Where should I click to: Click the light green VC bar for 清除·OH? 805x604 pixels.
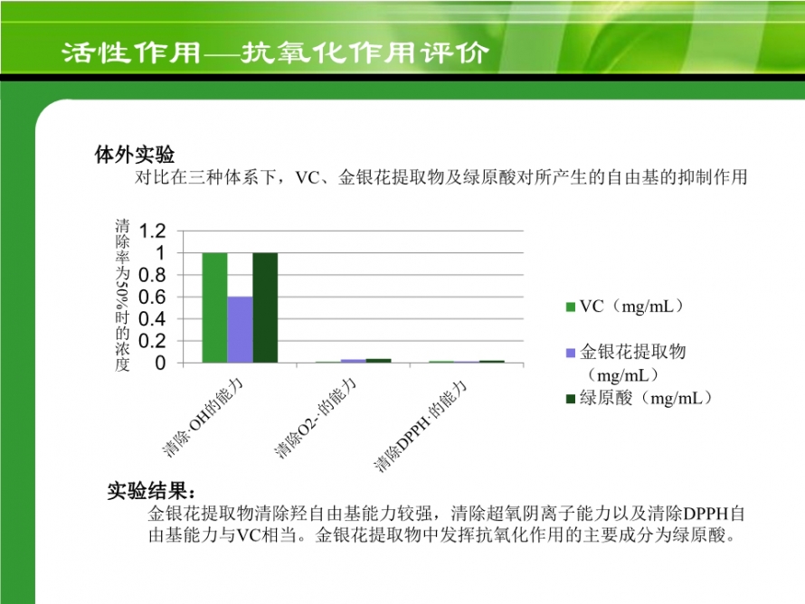tap(214, 308)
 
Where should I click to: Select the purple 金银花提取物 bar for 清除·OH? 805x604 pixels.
tap(241, 329)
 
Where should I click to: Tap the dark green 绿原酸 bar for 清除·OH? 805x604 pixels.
tap(265, 308)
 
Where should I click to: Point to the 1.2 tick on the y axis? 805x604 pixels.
tap(153, 231)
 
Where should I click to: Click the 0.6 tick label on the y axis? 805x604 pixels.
tap(153, 297)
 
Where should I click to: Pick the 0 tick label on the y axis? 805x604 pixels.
tap(161, 363)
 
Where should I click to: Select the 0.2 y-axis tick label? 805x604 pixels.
tap(153, 341)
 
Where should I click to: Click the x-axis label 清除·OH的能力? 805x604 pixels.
tap(203, 417)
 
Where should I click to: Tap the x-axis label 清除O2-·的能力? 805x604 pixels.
tap(315, 417)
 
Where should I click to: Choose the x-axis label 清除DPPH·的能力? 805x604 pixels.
tap(421, 425)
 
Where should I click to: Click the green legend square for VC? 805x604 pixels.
tap(571, 307)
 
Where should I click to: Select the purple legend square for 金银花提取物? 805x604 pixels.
tap(571, 353)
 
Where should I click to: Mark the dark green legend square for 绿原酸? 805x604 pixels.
tap(571, 399)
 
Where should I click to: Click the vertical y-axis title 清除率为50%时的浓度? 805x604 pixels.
tap(123, 295)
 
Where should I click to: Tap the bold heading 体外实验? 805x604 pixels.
tap(135, 155)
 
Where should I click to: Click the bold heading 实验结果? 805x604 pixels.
tap(151, 491)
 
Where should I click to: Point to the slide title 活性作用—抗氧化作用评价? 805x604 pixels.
tap(276, 52)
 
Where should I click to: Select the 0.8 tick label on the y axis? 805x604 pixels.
tap(153, 275)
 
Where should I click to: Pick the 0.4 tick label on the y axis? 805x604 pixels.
tap(153, 318)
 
